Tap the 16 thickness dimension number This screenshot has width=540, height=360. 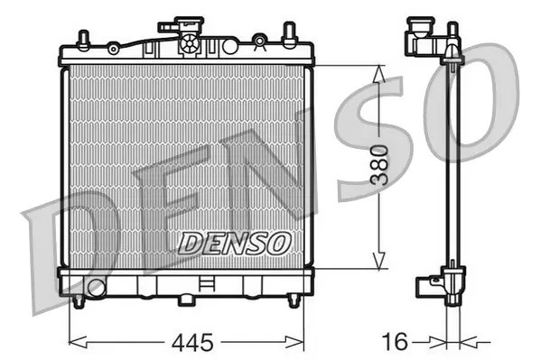click(395, 343)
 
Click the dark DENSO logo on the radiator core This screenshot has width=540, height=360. click(234, 241)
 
